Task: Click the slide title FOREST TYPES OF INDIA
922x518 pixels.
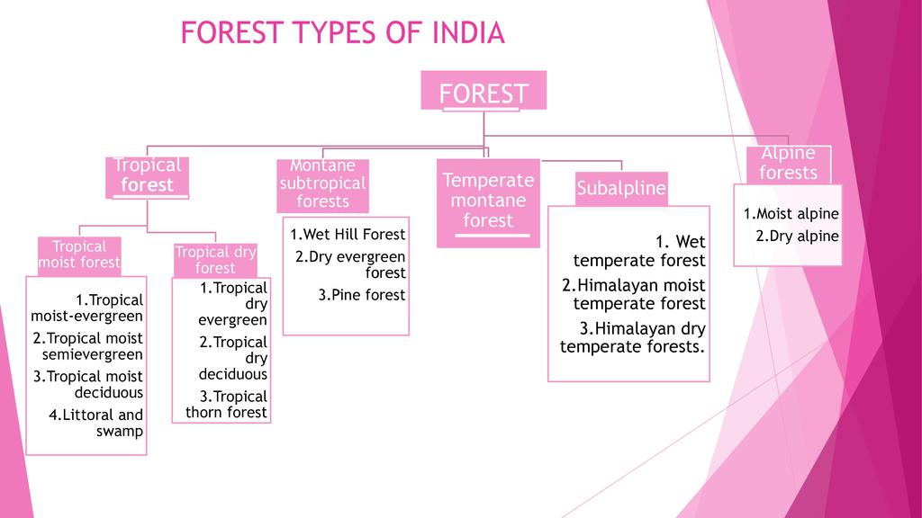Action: pyautogui.click(x=342, y=34)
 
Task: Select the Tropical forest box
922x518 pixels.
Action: pyautogui.click(x=149, y=175)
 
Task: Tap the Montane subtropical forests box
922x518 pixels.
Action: pyautogui.click(x=323, y=183)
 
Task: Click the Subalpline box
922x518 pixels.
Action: pyautogui.click(x=621, y=189)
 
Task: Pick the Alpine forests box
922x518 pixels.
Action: pyautogui.click(x=788, y=164)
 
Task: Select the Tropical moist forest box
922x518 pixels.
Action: pyautogui.click(x=79, y=255)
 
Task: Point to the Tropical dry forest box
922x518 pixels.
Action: pyautogui.click(x=215, y=260)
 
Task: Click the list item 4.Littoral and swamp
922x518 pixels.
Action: pyautogui.click(x=97, y=423)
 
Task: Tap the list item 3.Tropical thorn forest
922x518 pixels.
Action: pyautogui.click(x=228, y=405)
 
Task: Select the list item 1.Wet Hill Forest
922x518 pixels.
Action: pyautogui.click(x=348, y=235)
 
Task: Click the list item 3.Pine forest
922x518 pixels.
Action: pyautogui.click(x=362, y=295)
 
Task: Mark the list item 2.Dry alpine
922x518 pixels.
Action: pyautogui.click(x=797, y=237)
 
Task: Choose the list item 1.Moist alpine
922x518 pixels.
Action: pyautogui.click(x=791, y=214)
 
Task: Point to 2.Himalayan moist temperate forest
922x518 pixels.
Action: pyautogui.click(x=635, y=294)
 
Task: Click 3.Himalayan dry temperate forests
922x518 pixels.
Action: pyautogui.click(x=634, y=337)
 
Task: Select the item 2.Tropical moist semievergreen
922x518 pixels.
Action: pyautogui.click(x=88, y=346)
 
